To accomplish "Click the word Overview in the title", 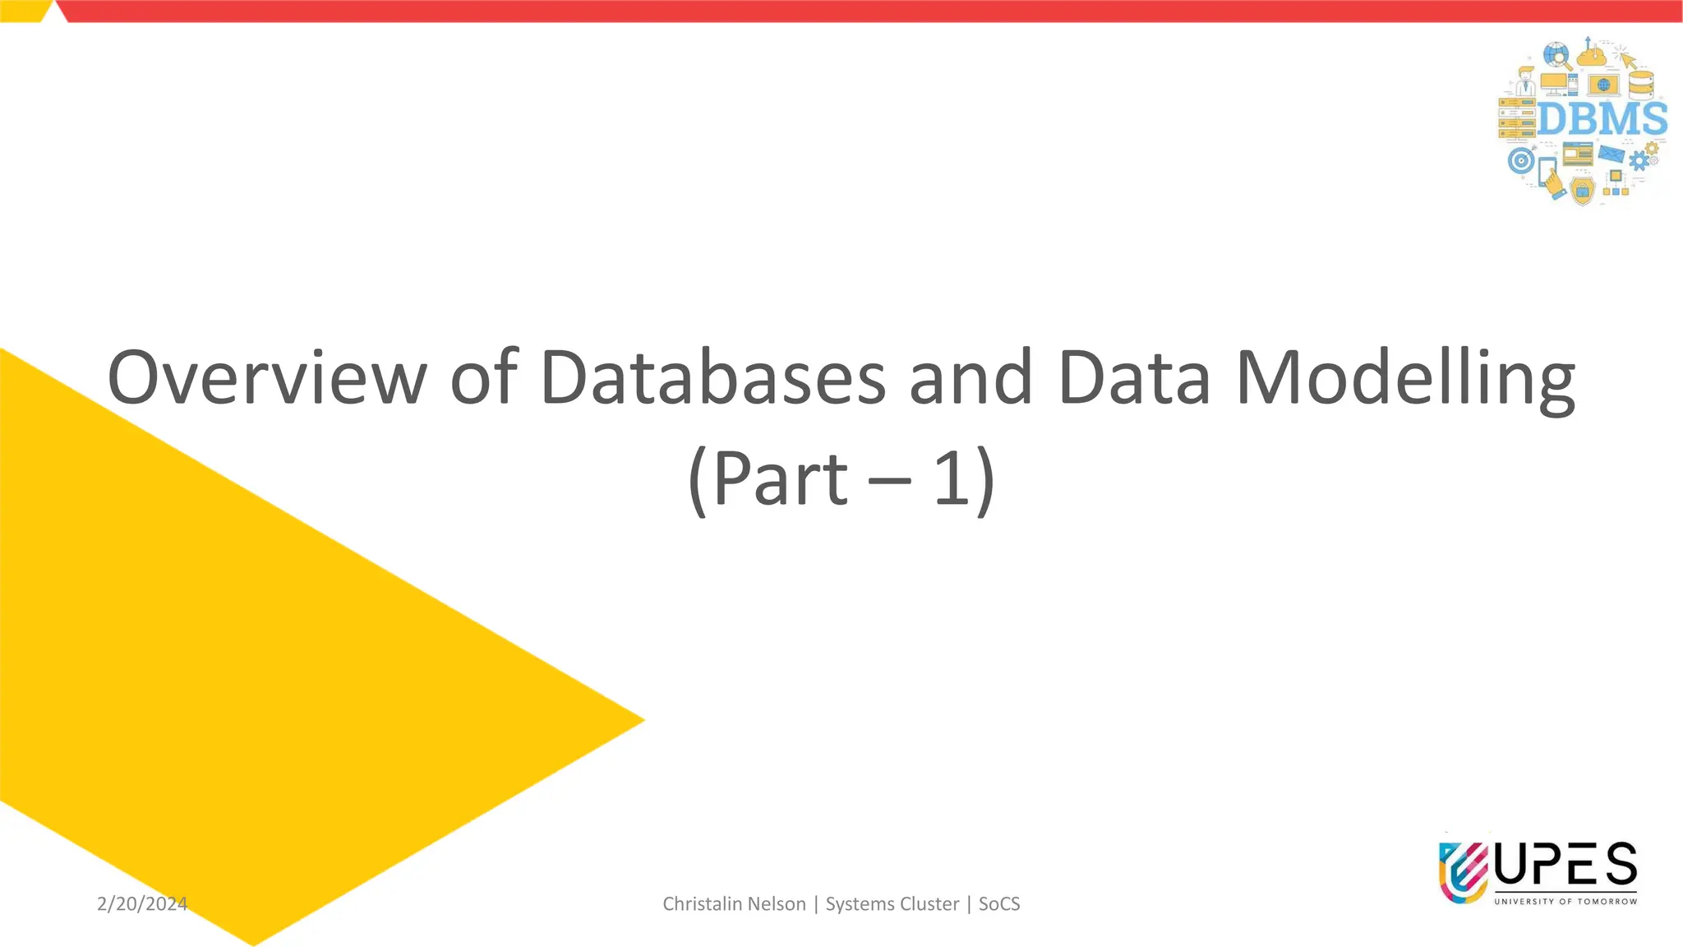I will (267, 377).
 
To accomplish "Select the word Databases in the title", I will (713, 377).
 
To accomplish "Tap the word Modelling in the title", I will (1405, 377).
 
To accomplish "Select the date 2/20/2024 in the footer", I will (142, 903).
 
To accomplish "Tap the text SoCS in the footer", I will (999, 903).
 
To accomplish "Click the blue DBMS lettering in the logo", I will (1602, 119).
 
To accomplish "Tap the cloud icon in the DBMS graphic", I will (1592, 56).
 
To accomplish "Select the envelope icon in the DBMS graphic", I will (1611, 153).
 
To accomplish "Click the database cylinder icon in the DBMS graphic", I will (1641, 83).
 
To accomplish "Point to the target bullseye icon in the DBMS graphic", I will (1520, 160).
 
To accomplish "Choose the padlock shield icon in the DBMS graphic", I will (1582, 191).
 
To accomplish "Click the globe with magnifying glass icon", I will (1556, 56).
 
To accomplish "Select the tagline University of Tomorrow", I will (1565, 902).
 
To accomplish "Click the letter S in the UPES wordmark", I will (1621, 865).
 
